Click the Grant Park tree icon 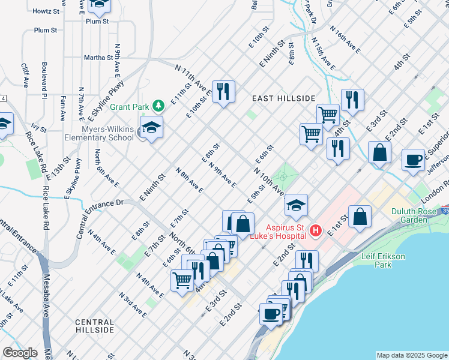pyautogui.click(x=158, y=106)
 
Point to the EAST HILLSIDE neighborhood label pyautogui.click(x=283, y=98)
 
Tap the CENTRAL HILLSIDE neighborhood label pyautogui.click(x=95, y=326)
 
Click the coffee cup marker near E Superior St pyautogui.click(x=413, y=160)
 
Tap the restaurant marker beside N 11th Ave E pyautogui.click(x=223, y=92)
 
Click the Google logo pyautogui.click(x=19, y=353)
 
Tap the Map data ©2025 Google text pyautogui.click(x=412, y=355)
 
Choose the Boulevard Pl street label pyautogui.click(x=44, y=79)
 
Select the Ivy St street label pyautogui.click(x=38, y=127)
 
